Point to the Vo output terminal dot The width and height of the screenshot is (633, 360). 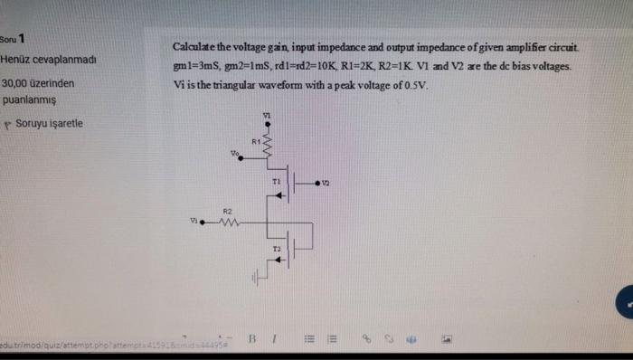point(245,160)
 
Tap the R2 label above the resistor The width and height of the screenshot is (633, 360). point(230,208)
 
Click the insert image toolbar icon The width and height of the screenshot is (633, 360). point(446,341)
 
